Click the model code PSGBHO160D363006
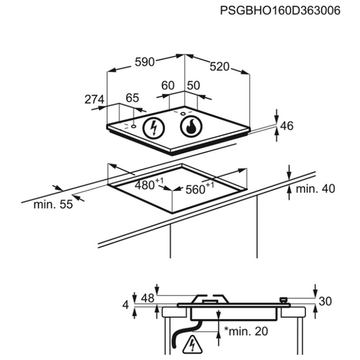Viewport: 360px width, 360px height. click(280, 11)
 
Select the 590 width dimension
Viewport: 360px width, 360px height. click(145, 62)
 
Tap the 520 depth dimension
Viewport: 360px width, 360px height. click(220, 66)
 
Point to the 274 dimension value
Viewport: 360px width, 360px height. click(94, 99)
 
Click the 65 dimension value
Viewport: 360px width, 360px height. click(132, 98)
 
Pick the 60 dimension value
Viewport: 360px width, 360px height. click(168, 86)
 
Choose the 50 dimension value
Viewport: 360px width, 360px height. click(193, 86)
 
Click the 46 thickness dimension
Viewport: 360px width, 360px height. click(287, 126)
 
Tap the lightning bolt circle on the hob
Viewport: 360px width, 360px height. click(154, 127)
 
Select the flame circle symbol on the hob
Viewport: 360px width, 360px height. click(191, 126)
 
